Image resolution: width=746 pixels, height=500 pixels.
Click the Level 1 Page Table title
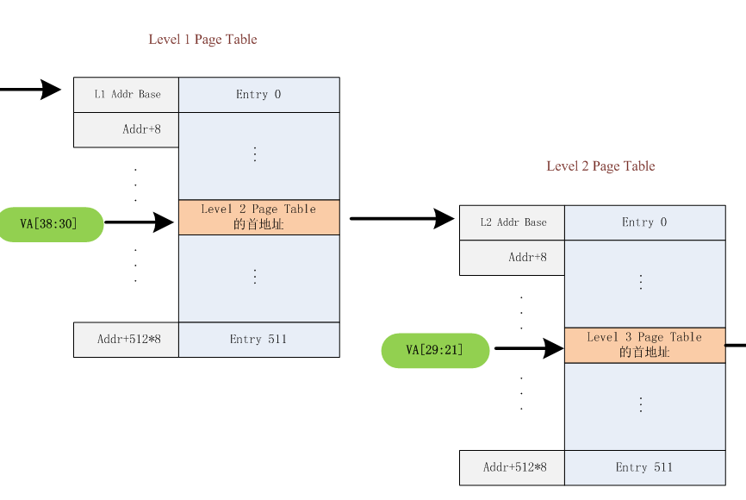[x=202, y=40]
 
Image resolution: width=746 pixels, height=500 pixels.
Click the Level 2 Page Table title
[x=600, y=166]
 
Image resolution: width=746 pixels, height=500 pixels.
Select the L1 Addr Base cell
[x=126, y=95]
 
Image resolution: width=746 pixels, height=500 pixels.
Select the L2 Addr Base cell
[x=512, y=222]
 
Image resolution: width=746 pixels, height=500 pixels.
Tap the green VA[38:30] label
[x=49, y=224]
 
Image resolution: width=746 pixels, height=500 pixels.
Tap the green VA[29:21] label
[x=435, y=350]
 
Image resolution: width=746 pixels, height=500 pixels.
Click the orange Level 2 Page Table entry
[x=258, y=217]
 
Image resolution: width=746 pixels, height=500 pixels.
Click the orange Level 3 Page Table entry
[x=644, y=345]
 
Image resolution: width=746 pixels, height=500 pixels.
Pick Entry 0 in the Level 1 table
[x=258, y=95]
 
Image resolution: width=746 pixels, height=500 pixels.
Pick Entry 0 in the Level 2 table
[x=644, y=222]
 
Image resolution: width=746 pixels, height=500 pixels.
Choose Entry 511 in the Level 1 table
[x=258, y=340]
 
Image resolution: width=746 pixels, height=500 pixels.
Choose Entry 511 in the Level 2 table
[x=644, y=467]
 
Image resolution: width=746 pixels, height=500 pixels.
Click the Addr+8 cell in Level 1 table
[x=126, y=130]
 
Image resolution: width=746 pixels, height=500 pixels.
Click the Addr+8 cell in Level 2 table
[x=512, y=258]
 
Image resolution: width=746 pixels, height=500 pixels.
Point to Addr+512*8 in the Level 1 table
[x=126, y=340]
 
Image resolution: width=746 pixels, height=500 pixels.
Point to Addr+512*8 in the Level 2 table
[x=512, y=467]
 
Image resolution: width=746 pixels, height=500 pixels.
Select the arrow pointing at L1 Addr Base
[x=30, y=89]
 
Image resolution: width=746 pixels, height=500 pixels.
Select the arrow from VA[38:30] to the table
[x=140, y=222]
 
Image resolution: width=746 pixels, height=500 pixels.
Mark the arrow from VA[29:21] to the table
[x=527, y=348]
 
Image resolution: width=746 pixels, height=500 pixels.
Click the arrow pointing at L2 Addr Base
[x=401, y=219]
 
